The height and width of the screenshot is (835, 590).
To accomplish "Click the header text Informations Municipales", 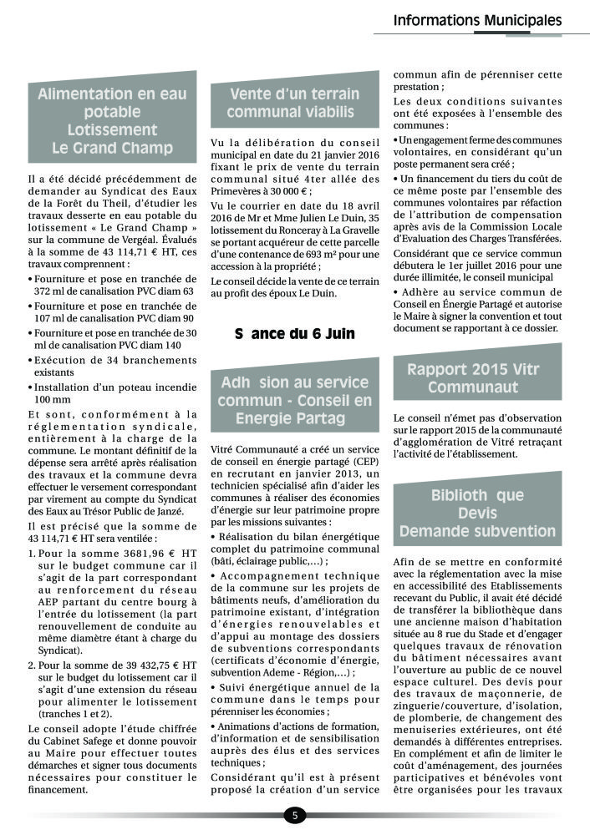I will click(477, 20).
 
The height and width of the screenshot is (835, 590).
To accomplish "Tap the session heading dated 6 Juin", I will click(294, 333).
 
